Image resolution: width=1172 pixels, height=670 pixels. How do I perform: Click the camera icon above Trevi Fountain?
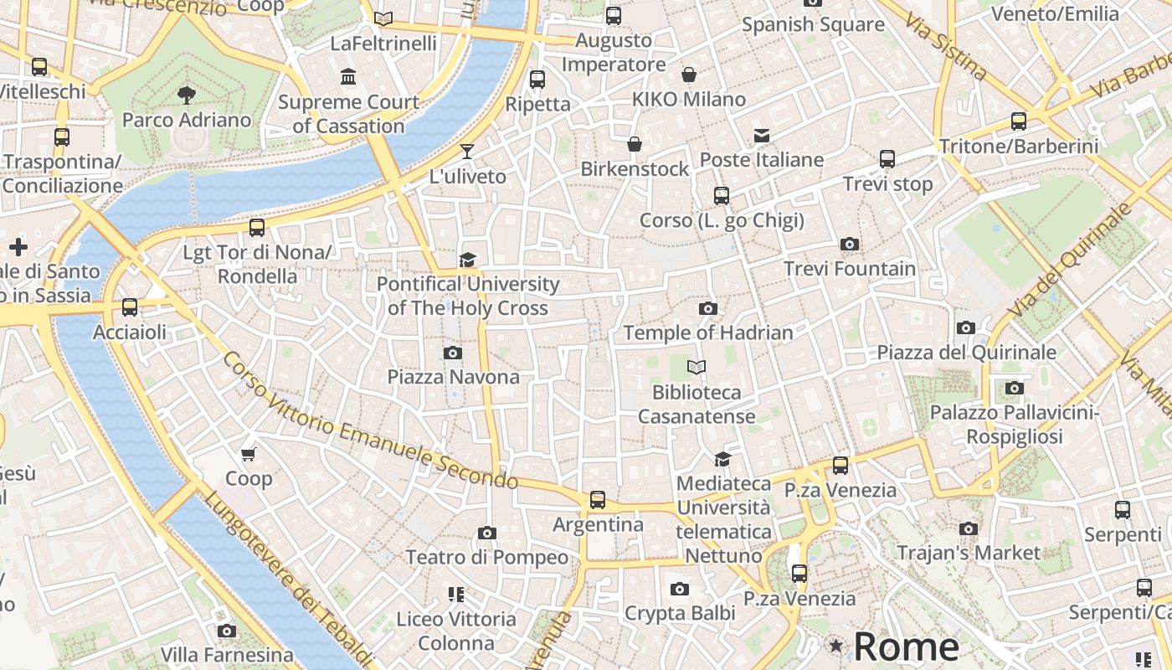(x=850, y=245)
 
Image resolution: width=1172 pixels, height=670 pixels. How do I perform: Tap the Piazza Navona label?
(x=453, y=377)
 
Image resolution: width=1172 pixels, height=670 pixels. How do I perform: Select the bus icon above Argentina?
(x=598, y=500)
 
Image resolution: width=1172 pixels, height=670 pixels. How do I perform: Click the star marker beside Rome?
(x=835, y=646)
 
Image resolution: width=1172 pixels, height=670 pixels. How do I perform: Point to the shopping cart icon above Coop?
(x=248, y=455)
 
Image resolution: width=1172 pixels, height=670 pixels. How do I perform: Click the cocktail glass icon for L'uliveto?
(x=467, y=152)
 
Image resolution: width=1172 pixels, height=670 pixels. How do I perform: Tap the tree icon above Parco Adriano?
(x=187, y=95)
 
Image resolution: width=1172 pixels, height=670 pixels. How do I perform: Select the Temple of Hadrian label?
(x=708, y=332)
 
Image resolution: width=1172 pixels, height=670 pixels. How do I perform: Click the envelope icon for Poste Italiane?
(x=762, y=136)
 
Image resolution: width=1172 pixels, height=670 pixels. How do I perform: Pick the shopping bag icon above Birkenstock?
(x=635, y=145)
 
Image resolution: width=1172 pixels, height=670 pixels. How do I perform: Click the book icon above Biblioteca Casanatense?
(x=697, y=367)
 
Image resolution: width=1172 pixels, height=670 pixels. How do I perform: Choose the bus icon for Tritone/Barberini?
(x=1019, y=121)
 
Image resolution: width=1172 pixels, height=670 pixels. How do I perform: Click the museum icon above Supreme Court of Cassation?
(x=348, y=78)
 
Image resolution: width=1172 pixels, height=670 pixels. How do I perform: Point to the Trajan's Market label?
(x=969, y=553)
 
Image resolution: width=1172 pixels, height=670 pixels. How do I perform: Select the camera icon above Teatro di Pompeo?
(x=487, y=533)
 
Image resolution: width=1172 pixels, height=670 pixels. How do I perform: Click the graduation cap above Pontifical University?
(x=467, y=260)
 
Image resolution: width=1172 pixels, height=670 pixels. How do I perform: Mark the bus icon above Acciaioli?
(x=130, y=307)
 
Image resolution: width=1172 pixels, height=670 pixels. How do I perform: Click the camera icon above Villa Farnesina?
(x=226, y=631)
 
